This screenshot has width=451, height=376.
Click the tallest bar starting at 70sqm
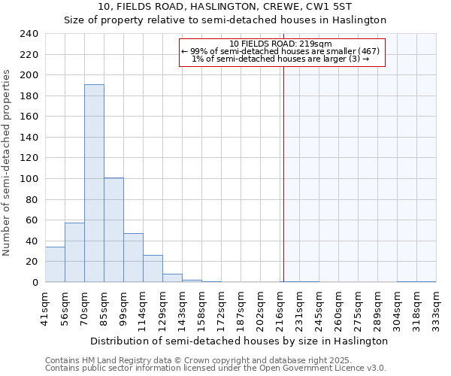click(x=94, y=183)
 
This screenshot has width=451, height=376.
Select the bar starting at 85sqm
click(x=114, y=230)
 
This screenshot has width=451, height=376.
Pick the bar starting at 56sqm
click(x=74, y=253)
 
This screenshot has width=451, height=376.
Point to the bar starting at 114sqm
click(x=153, y=268)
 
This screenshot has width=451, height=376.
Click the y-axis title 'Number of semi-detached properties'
click(x=7, y=162)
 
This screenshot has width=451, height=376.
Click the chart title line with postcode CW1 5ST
click(x=225, y=7)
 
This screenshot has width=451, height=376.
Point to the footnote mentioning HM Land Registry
click(x=215, y=360)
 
